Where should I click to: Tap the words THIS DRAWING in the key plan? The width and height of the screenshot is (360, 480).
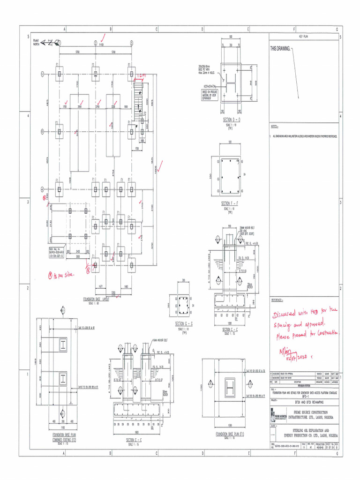click(x=280, y=49)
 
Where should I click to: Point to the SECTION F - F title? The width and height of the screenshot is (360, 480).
click(x=231, y=204)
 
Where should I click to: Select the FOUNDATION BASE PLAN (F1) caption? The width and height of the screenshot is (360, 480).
click(x=230, y=435)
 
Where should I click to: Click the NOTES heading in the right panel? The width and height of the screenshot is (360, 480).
click(x=275, y=127)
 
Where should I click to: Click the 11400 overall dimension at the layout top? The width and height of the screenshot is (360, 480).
click(x=101, y=45)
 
